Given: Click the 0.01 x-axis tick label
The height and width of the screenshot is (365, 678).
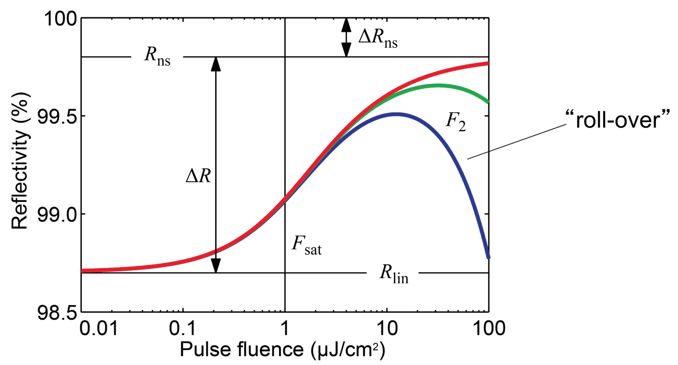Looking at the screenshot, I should pyautogui.click(x=98, y=329).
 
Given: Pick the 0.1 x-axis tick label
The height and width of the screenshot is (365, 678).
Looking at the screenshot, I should pyautogui.click(x=182, y=329).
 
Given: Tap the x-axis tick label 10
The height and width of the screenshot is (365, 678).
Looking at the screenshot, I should pyautogui.click(x=387, y=329).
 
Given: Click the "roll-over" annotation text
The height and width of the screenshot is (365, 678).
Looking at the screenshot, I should pyautogui.click(x=617, y=120).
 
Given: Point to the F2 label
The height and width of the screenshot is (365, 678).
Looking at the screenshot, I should pyautogui.click(x=455, y=122).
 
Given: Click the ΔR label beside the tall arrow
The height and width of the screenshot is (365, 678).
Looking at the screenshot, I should pyautogui.click(x=198, y=176).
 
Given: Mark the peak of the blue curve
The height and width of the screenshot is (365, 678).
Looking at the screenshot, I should pyautogui.click(x=396, y=114).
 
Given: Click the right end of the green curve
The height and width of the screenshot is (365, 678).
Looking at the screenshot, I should pyautogui.click(x=488, y=102).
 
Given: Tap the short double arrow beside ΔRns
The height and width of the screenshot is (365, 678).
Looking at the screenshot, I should pyautogui.click(x=346, y=37).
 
